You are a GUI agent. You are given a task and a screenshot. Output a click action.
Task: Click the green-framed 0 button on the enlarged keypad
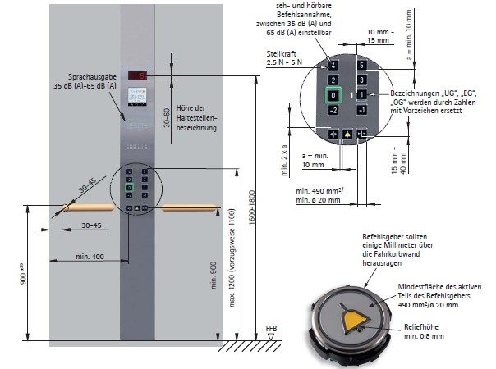click(x=333, y=95)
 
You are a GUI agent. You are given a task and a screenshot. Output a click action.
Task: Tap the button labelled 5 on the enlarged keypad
click(x=360, y=64)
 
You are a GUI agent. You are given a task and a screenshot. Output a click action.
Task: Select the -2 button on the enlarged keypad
click(x=333, y=111)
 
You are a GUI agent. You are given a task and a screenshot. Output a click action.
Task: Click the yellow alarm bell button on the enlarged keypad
click(x=348, y=133)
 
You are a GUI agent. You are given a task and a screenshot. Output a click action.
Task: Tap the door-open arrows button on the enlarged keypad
click(x=333, y=133)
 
